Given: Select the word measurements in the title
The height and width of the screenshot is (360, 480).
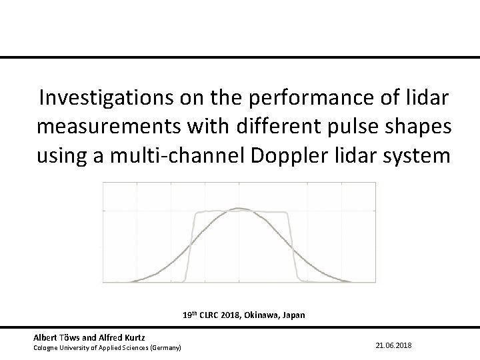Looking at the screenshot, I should [x=115, y=127].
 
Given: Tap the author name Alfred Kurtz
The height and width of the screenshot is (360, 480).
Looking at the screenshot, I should [x=120, y=339].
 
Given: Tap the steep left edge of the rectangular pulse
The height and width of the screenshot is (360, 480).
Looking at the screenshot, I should [x=190, y=247].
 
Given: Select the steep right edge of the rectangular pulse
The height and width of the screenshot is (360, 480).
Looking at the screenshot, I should [x=293, y=247].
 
